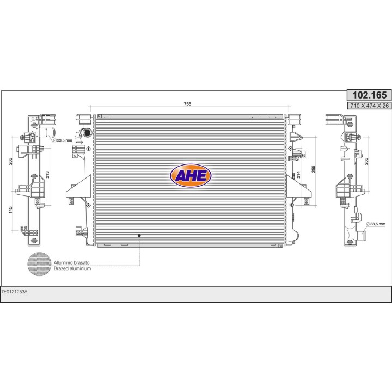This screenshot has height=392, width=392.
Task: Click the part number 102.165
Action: [369, 95]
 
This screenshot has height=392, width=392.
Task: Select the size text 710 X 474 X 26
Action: [370, 106]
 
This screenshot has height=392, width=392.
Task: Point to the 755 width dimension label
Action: [187, 104]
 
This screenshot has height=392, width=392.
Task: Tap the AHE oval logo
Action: [191, 175]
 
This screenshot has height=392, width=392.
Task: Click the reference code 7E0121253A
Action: [14, 292]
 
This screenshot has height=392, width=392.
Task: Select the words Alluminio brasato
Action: [71, 263]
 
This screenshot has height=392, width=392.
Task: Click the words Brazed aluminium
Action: [72, 268]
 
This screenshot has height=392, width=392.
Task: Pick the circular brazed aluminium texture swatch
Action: [39, 264]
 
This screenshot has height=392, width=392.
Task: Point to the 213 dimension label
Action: [47, 175]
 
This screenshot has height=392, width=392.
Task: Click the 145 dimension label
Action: [10, 210]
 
